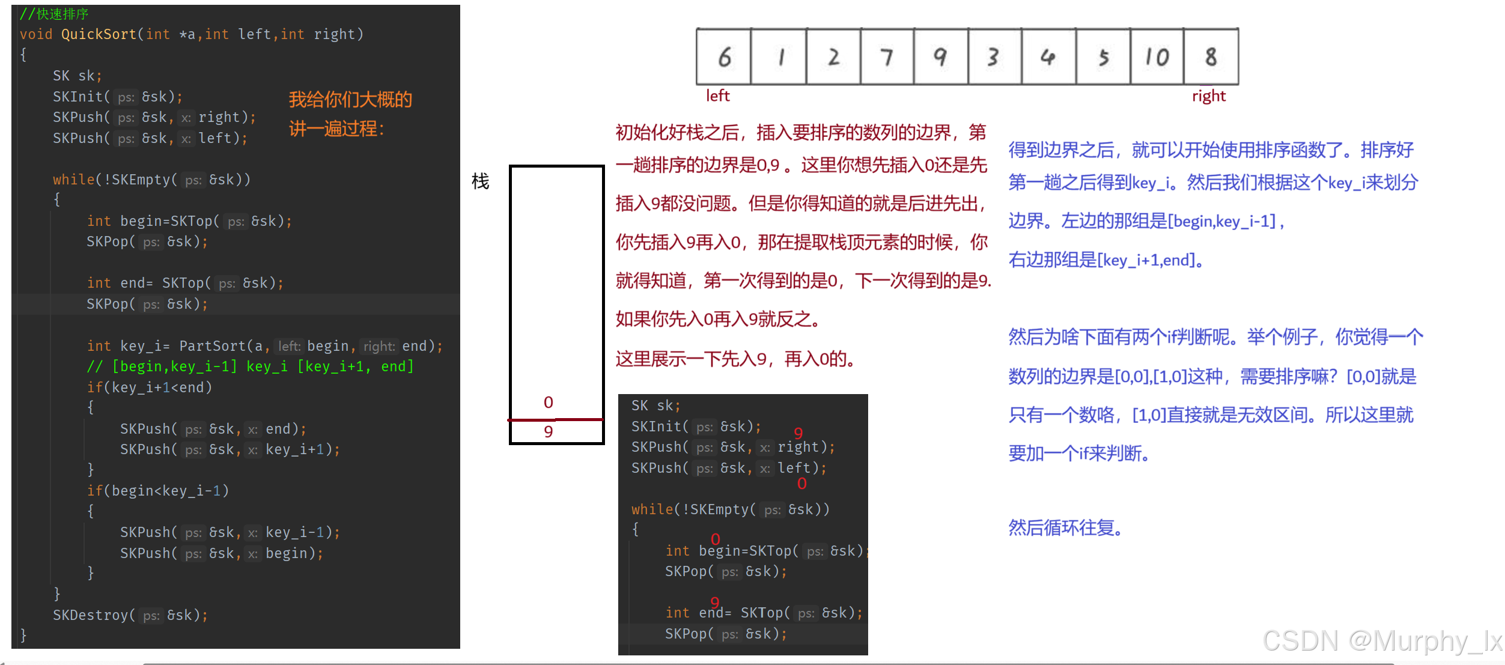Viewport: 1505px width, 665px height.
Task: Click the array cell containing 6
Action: click(x=724, y=57)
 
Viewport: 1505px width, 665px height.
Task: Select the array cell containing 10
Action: click(x=1157, y=57)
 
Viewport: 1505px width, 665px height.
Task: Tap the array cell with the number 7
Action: click(x=887, y=57)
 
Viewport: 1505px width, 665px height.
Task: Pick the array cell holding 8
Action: click(x=1211, y=57)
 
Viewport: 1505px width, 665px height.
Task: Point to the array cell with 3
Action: click(x=994, y=57)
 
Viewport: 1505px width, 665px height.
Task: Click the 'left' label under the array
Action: click(x=717, y=96)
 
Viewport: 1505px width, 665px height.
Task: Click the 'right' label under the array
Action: click(x=1208, y=96)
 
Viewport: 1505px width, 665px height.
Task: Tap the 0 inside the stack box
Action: click(x=548, y=402)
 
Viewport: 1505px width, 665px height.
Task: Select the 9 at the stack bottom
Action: click(x=548, y=432)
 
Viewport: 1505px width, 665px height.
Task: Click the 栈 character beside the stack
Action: click(x=480, y=181)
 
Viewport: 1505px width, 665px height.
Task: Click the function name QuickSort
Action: click(x=99, y=34)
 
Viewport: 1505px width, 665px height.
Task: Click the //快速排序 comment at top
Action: click(x=54, y=13)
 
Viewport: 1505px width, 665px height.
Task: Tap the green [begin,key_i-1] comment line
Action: click(x=250, y=366)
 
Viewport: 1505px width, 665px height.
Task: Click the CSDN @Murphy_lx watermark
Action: click(x=1382, y=641)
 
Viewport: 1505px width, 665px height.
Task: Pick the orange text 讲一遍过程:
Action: click(x=336, y=129)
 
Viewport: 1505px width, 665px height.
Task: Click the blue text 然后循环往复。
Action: click(x=1065, y=528)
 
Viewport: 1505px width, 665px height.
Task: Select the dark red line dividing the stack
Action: click(x=556, y=419)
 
